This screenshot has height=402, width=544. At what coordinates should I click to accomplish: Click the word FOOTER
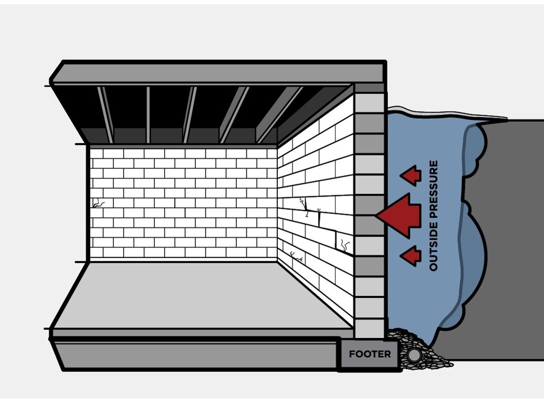point(370,354)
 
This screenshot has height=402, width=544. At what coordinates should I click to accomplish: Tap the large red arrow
point(400,215)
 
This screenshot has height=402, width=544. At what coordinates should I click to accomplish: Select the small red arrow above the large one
point(411,176)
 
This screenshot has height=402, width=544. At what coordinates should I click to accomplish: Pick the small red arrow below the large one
point(411,255)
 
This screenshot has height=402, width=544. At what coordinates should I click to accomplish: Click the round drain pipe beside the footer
point(413,355)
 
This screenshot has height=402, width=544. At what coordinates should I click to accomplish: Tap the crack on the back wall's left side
point(97,204)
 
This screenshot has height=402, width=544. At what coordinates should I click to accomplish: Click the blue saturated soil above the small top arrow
point(415,139)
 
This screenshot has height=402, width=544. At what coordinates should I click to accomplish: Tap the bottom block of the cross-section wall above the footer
point(370,329)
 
